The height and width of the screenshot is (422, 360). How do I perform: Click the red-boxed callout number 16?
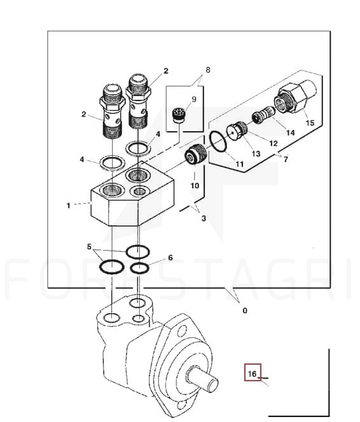pos(252,374)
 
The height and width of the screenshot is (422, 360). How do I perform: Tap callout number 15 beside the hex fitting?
pos(310,123)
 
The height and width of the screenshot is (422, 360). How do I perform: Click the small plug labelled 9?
pos(177,115)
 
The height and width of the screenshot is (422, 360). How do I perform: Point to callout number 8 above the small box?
pos(208,70)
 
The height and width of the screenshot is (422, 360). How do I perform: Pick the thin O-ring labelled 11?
pos(218,141)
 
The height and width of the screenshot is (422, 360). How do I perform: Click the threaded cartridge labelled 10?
pos(196,155)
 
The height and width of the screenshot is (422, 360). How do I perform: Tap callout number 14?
pos(290,132)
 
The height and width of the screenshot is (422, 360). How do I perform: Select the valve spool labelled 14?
pos(263,115)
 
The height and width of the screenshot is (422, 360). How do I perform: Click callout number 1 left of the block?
pos(68,206)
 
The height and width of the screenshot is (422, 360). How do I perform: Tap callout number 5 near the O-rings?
pos(89,246)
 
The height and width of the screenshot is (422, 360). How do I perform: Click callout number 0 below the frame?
pos(245,311)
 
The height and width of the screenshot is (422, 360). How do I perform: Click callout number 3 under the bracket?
pos(204,218)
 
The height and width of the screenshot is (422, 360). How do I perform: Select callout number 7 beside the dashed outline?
pos(286,159)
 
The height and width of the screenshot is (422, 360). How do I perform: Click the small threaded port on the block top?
pos(139,192)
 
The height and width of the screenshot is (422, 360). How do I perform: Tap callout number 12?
pos(273,143)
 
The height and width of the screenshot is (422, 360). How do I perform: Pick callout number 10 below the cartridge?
pos(195,186)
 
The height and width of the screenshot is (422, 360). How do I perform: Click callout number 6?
pos(170,258)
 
